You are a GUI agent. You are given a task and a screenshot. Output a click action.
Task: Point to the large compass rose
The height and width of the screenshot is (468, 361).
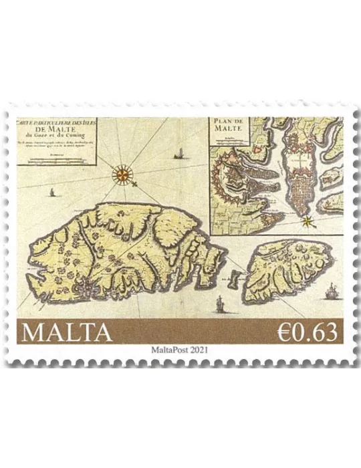pos(123,174)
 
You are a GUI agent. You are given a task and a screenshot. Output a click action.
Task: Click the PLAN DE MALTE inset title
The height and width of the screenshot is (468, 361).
pos(229,126)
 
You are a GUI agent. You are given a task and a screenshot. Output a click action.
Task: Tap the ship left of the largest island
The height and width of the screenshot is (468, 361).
pos(51,193)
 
